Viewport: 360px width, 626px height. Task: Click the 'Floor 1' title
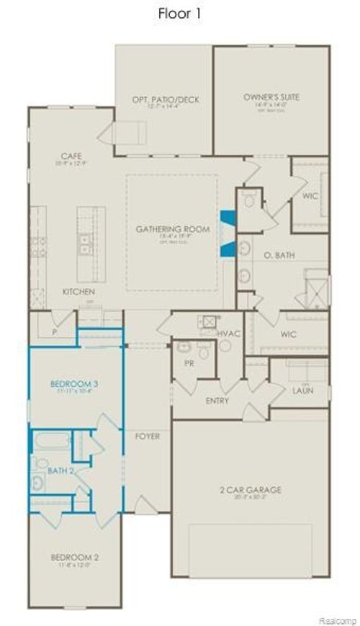[179, 14]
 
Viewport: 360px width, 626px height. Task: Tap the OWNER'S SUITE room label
[271, 97]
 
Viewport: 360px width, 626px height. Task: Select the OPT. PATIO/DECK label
[166, 99]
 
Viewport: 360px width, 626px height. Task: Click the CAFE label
[71, 156]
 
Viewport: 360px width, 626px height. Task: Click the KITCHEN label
[78, 292]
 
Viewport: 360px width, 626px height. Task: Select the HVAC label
[228, 335]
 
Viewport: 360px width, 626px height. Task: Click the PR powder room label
[189, 364]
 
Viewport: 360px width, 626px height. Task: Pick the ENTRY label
[217, 400]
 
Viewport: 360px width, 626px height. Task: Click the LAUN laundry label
[302, 390]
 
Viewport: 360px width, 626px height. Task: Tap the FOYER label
[148, 437]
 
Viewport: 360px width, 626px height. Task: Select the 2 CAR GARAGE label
[251, 490]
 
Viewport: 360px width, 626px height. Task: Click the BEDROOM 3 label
[74, 385]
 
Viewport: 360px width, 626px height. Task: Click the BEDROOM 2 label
[74, 557]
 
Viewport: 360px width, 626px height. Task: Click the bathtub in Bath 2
[52, 441]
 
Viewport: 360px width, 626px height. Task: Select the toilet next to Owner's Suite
[249, 201]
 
